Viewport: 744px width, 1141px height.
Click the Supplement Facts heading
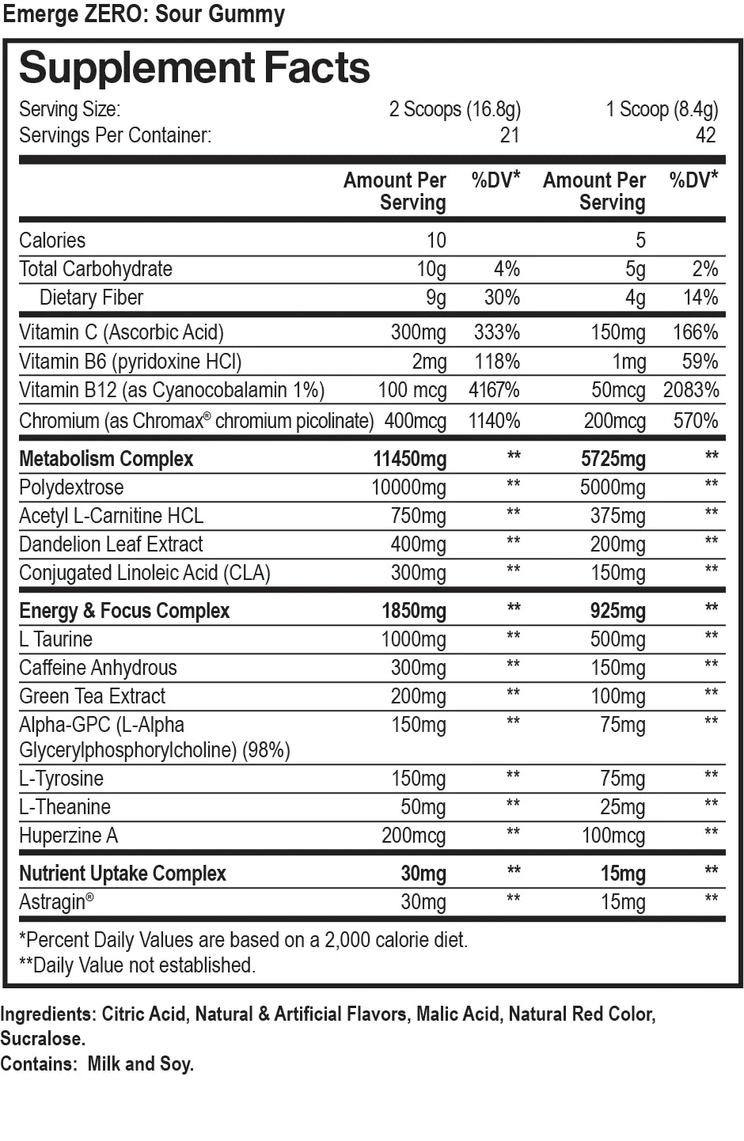tap(194, 68)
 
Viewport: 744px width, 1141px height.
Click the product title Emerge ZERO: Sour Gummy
tap(143, 14)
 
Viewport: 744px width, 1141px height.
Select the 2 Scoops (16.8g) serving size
tap(454, 109)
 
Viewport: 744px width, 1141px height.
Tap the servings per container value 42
tap(705, 135)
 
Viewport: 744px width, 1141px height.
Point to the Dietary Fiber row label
tap(91, 298)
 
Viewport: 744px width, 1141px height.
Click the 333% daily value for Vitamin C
tap(496, 332)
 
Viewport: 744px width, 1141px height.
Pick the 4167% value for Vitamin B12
tap(494, 390)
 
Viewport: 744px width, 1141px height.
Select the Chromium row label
tap(195, 420)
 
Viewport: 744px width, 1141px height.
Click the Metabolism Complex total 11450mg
tap(409, 459)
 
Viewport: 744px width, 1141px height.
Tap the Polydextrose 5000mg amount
tap(612, 487)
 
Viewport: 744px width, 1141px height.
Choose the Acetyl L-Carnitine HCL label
tap(111, 516)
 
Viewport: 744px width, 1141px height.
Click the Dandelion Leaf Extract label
tap(111, 544)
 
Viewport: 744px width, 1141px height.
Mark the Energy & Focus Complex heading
tap(124, 611)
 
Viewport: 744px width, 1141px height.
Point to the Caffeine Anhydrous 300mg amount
tap(418, 668)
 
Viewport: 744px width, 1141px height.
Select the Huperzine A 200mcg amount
tap(413, 836)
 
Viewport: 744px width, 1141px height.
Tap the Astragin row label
tap(55, 902)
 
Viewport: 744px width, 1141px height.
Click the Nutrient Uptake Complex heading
tap(123, 874)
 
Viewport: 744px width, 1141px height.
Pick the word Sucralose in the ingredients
tap(42, 1039)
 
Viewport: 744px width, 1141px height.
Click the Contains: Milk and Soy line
tap(97, 1064)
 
